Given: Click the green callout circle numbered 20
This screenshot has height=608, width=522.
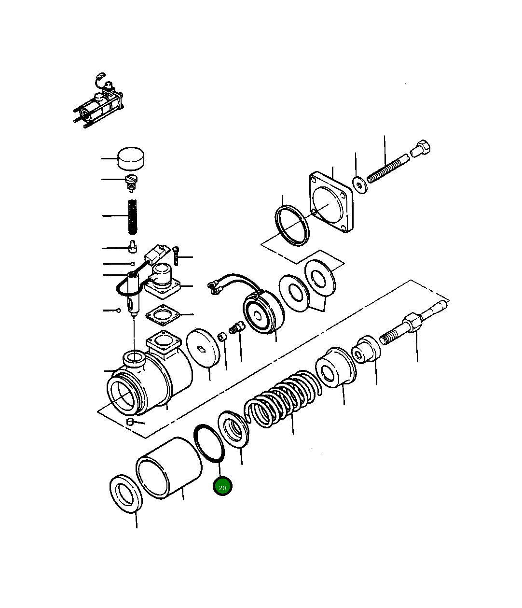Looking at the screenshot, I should (x=222, y=487).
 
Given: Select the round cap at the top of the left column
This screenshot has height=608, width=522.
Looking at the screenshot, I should (x=131, y=158).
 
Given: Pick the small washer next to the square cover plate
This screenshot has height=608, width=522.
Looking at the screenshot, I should (x=359, y=184).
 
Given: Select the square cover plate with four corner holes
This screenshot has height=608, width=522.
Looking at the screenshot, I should (x=331, y=200).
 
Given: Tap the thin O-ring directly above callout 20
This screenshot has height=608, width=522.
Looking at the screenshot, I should (x=209, y=443).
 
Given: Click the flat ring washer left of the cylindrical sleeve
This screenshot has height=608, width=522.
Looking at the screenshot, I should (x=126, y=493).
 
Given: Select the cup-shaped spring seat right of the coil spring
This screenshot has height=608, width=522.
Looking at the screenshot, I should (x=336, y=367).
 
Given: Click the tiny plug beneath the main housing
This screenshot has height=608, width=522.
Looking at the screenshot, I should (x=129, y=423).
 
